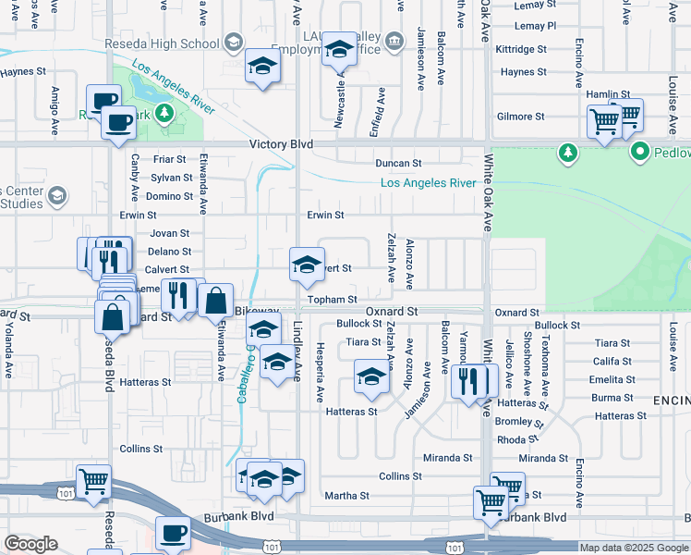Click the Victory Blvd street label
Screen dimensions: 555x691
coord(281,145)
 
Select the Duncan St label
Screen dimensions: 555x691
coord(397,163)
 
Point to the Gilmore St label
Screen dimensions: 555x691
coord(520,117)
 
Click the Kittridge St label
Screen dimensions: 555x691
coord(522,48)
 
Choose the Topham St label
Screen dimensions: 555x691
coord(333,300)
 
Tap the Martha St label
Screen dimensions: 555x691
coord(348,496)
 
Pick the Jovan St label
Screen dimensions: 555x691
coord(169,234)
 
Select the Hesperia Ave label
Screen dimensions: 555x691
coord(320,372)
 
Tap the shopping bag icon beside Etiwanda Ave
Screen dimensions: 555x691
coord(215,301)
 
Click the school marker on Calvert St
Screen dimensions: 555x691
coord(307,265)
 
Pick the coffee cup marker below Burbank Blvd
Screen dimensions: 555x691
coord(173,534)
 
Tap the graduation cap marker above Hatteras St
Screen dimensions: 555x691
coord(371,377)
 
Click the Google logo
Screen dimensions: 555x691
coord(30,545)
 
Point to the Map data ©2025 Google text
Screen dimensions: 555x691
coord(633,548)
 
